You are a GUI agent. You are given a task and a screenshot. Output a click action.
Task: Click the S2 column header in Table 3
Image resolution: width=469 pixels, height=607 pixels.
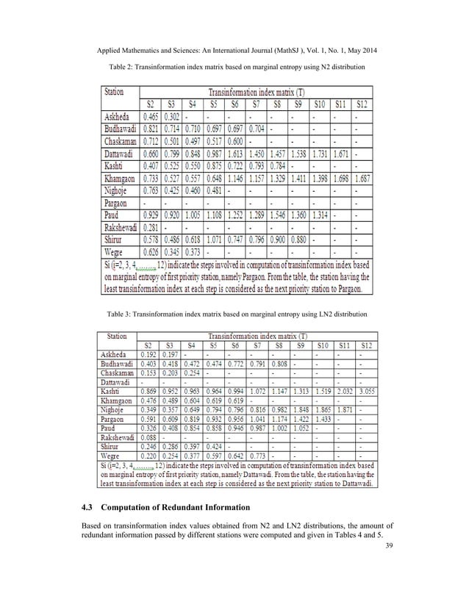click(148, 344)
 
